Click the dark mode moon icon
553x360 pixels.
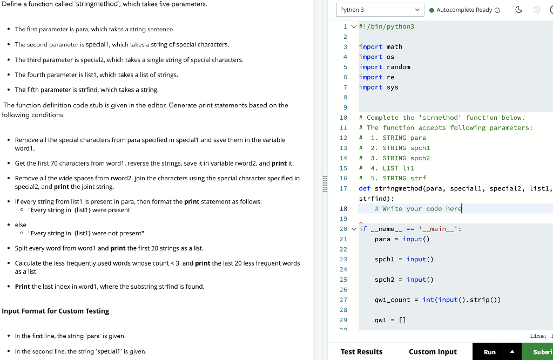click(518, 10)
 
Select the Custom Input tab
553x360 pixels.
click(433, 351)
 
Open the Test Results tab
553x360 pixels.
click(361, 351)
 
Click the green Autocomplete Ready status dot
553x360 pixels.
click(431, 10)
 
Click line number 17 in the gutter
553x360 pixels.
click(343, 188)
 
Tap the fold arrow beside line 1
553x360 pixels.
click(354, 26)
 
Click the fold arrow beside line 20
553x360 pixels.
click(354, 229)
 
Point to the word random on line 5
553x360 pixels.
click(398, 67)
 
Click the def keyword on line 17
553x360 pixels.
click(365, 188)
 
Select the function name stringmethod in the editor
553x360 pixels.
click(398, 188)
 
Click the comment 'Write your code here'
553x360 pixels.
click(419, 209)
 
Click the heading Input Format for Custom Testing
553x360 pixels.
click(56, 311)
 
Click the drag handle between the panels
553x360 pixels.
click(325, 184)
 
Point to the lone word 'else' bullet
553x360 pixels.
click(21, 225)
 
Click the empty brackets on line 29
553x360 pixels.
click(402, 320)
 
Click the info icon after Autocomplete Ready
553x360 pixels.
click(497, 10)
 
